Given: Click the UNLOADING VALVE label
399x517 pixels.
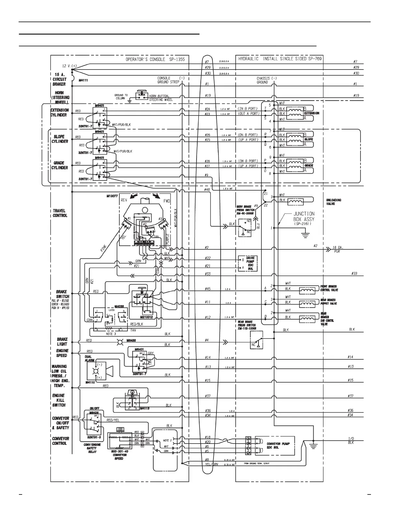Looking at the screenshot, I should point(333,202).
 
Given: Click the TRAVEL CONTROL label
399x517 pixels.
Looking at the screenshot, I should point(60,213).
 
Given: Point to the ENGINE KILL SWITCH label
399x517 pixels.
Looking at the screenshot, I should point(59,400).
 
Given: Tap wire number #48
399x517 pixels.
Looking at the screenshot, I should point(207,189).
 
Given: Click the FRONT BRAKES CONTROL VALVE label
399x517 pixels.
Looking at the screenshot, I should point(329,288).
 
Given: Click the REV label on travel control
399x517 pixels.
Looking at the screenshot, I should point(124,200).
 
